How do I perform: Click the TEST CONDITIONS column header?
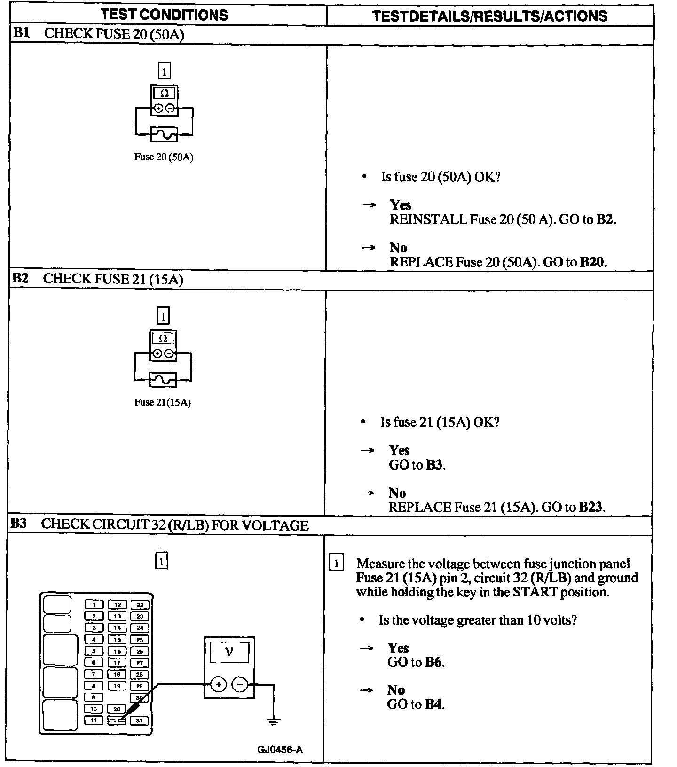pyautogui.click(x=165, y=15)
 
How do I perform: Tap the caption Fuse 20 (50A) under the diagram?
pyautogui.click(x=164, y=157)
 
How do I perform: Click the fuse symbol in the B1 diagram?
pyautogui.click(x=164, y=134)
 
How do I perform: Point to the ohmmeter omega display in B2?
pyautogui.click(x=163, y=338)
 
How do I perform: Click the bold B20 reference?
pyautogui.click(x=592, y=262)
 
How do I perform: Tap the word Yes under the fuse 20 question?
pyautogui.click(x=401, y=205)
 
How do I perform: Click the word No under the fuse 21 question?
pyautogui.click(x=397, y=493)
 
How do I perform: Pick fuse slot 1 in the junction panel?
pyautogui.click(x=94, y=605)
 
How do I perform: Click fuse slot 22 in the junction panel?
pyautogui.click(x=140, y=605)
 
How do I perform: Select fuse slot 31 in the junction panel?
pyautogui.click(x=140, y=720)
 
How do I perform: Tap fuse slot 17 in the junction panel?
pyautogui.click(x=117, y=663)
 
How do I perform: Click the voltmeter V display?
pyautogui.click(x=229, y=652)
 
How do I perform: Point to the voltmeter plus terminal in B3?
pyautogui.click(x=218, y=684)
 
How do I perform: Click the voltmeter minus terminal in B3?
pyautogui.click(x=240, y=684)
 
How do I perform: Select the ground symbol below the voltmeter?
pyautogui.click(x=273, y=721)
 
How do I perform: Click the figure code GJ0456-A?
pyautogui.click(x=280, y=750)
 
